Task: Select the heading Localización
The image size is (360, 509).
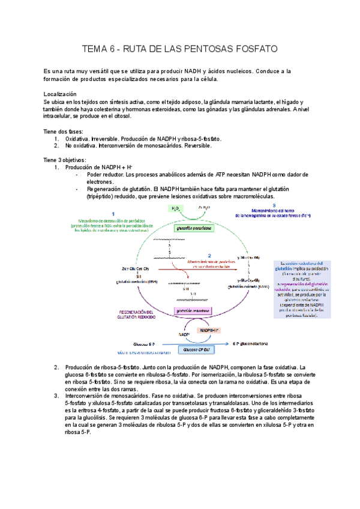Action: tap(61, 95)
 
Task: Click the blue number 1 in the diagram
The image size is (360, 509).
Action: tap(113, 214)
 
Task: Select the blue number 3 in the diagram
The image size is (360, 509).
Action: tap(274, 205)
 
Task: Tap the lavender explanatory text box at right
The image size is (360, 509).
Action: tap(303, 289)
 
